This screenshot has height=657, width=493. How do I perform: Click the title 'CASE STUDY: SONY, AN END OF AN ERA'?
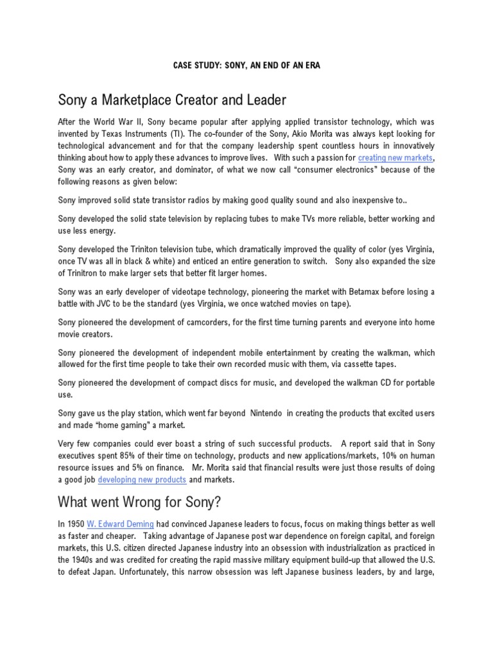pyautogui.click(x=246, y=66)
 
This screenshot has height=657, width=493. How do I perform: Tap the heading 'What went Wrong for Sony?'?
pyautogui.click(x=143, y=500)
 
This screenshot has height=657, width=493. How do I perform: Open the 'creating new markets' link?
pyautogui.click(x=395, y=157)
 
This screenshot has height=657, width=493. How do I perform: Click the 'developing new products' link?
pyautogui.click(x=142, y=479)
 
